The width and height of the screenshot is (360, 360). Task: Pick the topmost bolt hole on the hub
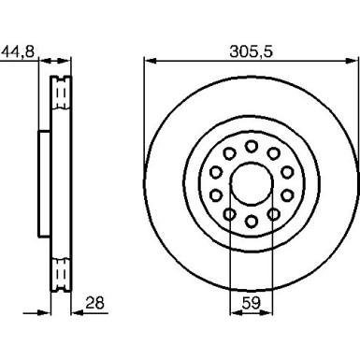coord(252,144)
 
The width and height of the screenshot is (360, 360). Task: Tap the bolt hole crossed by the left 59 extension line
coord(232,213)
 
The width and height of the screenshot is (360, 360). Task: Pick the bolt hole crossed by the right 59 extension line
coord(272,213)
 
